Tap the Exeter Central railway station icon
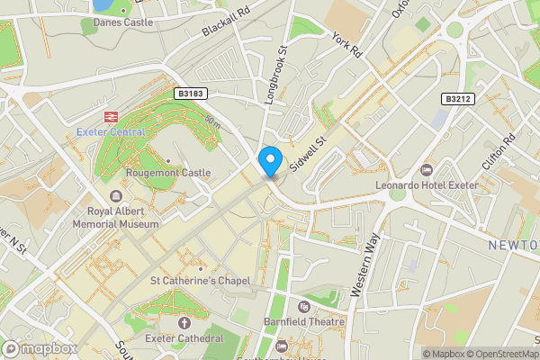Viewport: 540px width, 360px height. point(111,116)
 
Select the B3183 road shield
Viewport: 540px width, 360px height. point(190,93)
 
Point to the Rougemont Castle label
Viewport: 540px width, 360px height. point(169,173)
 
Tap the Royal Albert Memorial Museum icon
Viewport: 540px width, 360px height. point(115,196)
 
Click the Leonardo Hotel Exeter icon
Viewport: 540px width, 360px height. point(427,170)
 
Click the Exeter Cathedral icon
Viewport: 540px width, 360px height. point(184,322)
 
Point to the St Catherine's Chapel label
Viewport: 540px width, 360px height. point(200,281)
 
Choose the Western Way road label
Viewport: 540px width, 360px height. point(366,265)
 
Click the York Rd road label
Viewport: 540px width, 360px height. point(346,46)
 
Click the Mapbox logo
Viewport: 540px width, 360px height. point(40,348)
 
